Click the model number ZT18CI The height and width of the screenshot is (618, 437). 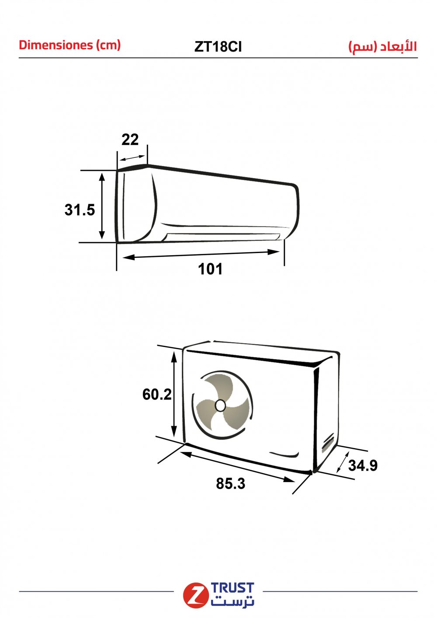(x=218, y=47)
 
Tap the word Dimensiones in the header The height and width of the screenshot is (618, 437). (x=56, y=45)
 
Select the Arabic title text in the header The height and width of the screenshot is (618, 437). (x=383, y=47)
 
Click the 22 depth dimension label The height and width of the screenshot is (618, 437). (x=130, y=139)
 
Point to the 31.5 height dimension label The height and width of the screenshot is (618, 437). (x=80, y=210)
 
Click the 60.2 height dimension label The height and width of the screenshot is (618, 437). (x=157, y=394)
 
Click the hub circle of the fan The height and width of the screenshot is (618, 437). (x=220, y=406)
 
